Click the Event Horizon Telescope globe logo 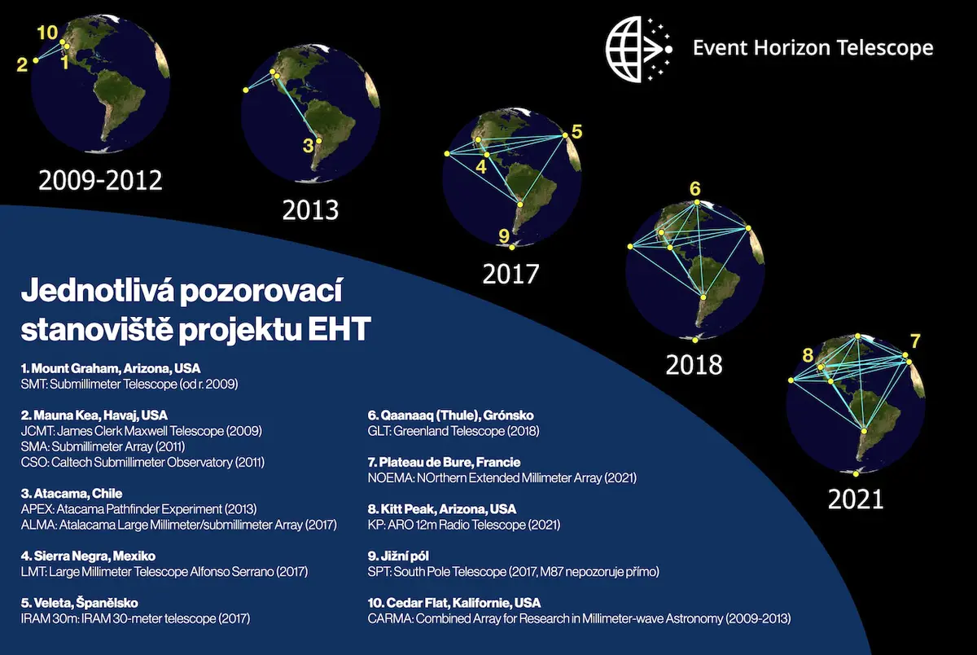[639, 49]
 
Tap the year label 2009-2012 [100, 180]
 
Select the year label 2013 [310, 210]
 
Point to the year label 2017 [510, 274]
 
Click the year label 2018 [694, 365]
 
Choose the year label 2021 [856, 499]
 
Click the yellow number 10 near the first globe [47, 33]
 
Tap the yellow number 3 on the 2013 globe [308, 146]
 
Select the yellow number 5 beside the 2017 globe [576, 131]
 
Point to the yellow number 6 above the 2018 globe [694, 189]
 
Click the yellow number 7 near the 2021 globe [915, 341]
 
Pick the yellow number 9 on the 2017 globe [504, 236]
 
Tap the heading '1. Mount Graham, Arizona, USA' [111, 368]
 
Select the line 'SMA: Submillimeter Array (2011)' [103, 446]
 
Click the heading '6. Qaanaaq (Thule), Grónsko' [450, 415]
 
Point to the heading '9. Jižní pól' [398, 556]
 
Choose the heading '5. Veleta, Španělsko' [80, 603]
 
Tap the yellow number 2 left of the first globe [22, 65]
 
